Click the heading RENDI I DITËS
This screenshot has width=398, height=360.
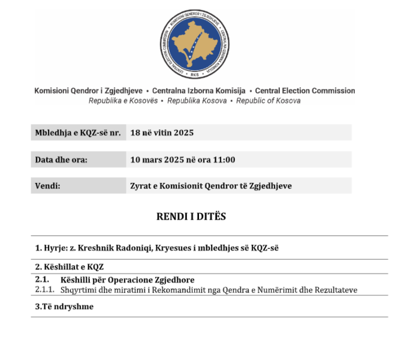191,217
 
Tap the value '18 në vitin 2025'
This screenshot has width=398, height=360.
162,133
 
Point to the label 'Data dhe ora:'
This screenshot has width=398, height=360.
61,160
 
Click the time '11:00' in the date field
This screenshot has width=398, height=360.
224,160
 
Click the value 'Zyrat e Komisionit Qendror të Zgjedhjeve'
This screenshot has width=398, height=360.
211,186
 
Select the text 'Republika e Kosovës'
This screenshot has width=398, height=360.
123,101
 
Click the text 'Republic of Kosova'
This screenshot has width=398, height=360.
268,101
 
